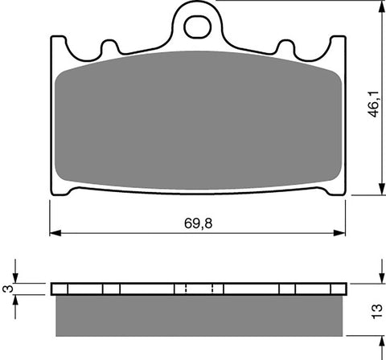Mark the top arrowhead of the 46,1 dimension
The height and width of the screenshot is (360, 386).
pos(377,6)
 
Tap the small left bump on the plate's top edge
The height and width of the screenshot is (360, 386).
pos(109,47)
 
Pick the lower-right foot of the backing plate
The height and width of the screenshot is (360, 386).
pos(332,191)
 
